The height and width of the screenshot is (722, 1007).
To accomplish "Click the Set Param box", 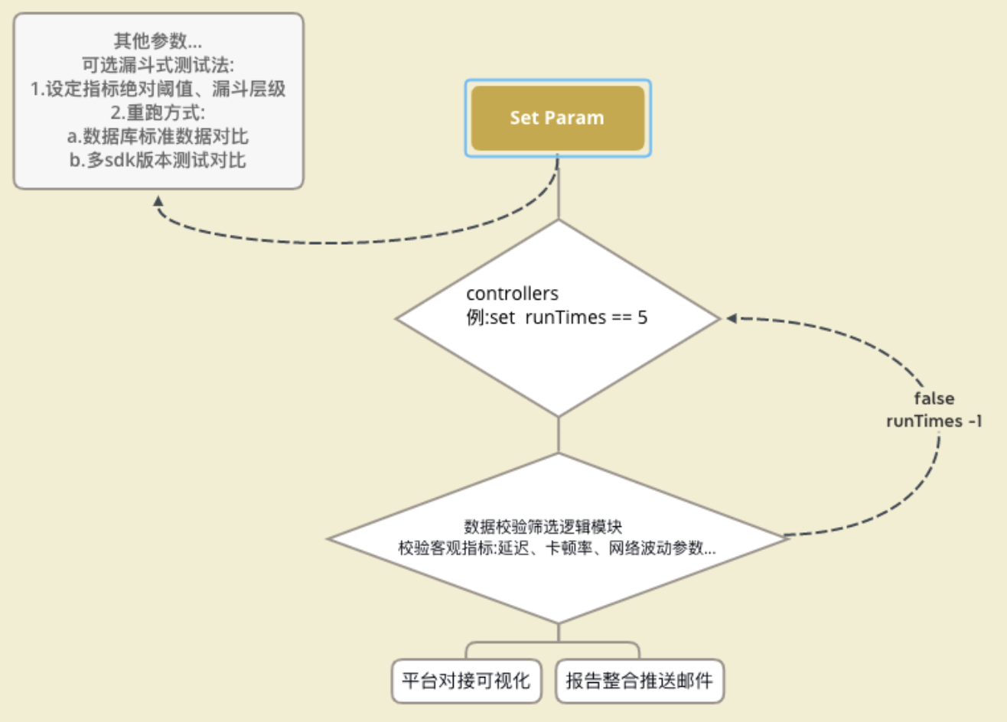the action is point(558,118).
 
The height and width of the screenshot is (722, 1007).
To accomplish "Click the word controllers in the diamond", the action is point(512,294).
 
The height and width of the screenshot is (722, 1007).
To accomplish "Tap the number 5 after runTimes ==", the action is point(643,317).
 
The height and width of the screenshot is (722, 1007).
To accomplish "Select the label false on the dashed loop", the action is point(934,398).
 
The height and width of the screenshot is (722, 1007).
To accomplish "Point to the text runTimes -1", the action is point(934,421).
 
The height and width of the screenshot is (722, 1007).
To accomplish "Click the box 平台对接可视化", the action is point(466,681).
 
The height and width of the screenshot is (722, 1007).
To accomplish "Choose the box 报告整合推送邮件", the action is point(640,681).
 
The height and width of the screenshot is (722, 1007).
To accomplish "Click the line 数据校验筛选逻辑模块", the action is point(543,526).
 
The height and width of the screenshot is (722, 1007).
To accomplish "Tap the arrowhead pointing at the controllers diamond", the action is point(731,318).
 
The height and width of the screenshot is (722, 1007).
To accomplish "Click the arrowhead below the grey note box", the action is point(158,201).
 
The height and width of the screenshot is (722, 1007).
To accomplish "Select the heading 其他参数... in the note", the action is point(158,41).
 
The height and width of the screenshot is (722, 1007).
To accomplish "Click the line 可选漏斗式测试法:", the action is point(158,65).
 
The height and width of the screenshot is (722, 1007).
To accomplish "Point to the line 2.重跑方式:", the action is point(158,112).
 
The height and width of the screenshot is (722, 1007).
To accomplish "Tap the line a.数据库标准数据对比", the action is point(158,137).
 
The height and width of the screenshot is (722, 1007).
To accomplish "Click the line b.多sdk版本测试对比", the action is point(158,161).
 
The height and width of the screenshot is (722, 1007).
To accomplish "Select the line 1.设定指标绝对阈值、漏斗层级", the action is point(158,89).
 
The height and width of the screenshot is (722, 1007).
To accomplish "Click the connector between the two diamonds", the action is point(559,435).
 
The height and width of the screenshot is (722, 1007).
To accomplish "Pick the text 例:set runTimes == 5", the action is point(557,317).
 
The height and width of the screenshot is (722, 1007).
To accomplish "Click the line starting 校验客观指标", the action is point(557,548).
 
